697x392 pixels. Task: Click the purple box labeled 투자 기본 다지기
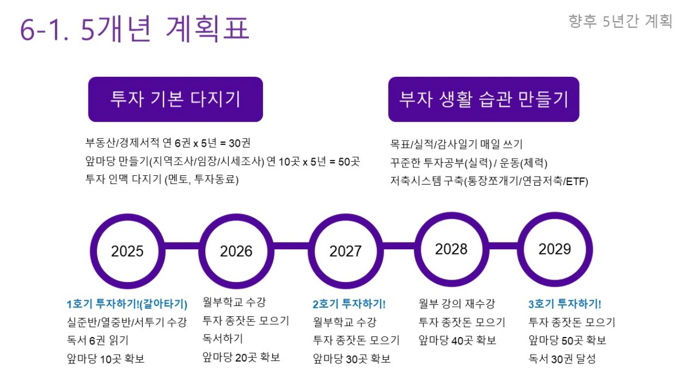pyautogui.click(x=175, y=99)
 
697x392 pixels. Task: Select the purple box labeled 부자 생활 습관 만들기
pyautogui.click(x=484, y=99)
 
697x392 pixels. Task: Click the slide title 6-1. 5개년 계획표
pyautogui.click(x=135, y=29)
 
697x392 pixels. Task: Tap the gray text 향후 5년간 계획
pyautogui.click(x=620, y=21)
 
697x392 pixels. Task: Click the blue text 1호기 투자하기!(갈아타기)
pyautogui.click(x=127, y=304)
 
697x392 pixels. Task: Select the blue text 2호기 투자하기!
pyautogui.click(x=349, y=304)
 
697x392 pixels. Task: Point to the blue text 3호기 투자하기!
pyautogui.click(x=565, y=304)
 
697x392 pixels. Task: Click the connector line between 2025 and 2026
pyautogui.click(x=182, y=246)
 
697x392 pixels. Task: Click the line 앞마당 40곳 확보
pyautogui.click(x=457, y=340)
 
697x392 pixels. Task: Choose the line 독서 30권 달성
pyautogui.click(x=562, y=359)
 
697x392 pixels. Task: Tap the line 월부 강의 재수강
pyautogui.click(x=456, y=304)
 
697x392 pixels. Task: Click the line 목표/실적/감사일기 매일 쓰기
pyautogui.click(x=456, y=144)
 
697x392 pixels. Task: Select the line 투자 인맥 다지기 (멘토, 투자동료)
pyautogui.click(x=162, y=180)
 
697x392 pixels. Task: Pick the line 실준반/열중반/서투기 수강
pyautogui.click(x=127, y=322)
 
